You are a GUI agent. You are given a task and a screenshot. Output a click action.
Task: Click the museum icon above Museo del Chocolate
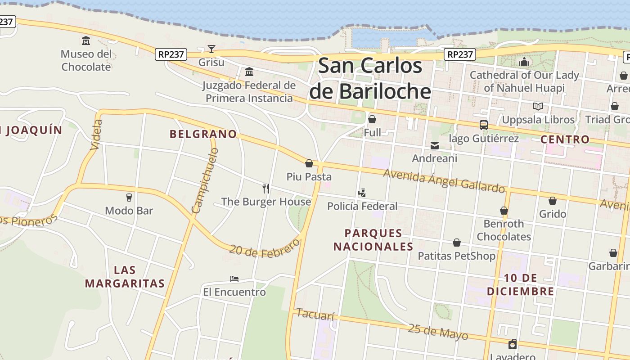86,41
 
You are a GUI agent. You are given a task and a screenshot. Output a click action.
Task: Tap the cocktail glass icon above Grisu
211,49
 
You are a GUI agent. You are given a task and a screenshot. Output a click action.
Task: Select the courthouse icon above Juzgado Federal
249,72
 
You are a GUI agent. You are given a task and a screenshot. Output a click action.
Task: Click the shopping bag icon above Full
372,119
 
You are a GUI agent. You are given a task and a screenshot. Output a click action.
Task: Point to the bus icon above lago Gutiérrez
484,125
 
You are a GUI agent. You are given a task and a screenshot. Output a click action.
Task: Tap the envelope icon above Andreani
435,145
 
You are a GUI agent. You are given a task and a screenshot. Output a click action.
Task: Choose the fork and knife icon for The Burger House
266,188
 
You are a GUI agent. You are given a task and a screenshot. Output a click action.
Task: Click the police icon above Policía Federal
362,193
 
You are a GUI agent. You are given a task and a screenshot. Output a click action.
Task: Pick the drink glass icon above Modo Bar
129,197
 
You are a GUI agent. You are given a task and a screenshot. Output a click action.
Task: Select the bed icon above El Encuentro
234,279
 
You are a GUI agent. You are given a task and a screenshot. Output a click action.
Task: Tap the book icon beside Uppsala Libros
538,107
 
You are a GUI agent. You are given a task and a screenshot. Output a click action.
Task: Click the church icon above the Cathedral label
524,62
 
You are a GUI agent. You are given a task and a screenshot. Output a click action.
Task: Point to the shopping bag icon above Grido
552,201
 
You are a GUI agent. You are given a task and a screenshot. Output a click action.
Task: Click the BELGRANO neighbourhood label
203,134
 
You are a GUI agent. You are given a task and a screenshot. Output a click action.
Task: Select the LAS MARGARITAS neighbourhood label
125,277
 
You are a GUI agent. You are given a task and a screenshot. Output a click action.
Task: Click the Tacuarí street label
315,315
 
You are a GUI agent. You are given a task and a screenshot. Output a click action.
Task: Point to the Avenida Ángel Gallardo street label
444,180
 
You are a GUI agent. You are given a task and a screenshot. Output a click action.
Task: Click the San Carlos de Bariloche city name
370,78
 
